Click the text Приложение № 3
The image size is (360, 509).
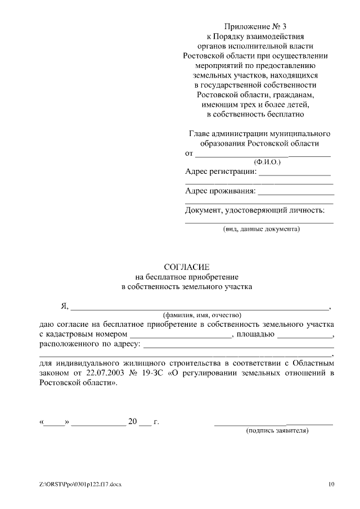(255, 26)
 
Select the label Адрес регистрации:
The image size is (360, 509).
(220, 171)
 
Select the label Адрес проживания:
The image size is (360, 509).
(220, 191)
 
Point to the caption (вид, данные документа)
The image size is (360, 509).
(259, 229)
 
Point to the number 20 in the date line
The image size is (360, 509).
(133, 421)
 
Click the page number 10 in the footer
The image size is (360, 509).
(331, 484)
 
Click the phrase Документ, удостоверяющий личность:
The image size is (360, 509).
(255, 211)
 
